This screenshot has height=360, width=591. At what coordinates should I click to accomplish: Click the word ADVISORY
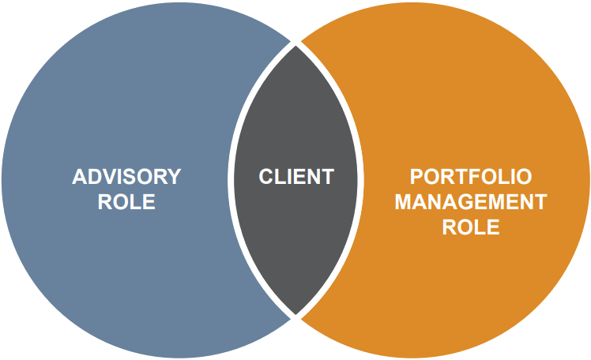[126, 176]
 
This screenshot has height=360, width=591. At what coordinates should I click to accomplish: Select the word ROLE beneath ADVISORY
[126, 201]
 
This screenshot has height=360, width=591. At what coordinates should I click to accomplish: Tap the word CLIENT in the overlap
[296, 176]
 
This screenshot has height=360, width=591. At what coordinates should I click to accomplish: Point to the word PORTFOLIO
[471, 176]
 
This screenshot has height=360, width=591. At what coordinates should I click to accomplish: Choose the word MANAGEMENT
[471, 201]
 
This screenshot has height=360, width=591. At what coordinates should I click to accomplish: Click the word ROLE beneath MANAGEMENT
[471, 227]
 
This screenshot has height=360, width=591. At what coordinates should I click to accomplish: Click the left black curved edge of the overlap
[232, 180]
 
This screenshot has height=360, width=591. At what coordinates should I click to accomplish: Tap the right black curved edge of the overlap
[361, 180]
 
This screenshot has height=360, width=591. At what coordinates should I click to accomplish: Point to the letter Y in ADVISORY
[174, 176]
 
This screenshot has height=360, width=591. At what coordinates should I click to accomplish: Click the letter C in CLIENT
[266, 176]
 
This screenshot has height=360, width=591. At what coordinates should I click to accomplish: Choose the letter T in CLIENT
[327, 176]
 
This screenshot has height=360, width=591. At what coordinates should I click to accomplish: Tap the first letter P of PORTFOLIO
[416, 176]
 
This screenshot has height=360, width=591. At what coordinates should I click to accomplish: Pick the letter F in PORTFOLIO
[475, 176]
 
